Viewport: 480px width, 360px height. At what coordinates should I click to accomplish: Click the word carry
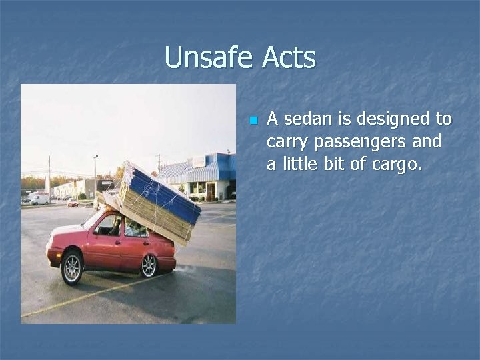click(x=287, y=142)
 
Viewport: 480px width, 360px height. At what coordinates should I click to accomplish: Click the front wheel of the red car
click(x=73, y=268)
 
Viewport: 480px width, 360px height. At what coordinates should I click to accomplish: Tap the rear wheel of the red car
click(x=149, y=265)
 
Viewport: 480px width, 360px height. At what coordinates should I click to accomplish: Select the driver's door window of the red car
click(x=109, y=225)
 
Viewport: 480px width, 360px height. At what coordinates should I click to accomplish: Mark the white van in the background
click(x=39, y=199)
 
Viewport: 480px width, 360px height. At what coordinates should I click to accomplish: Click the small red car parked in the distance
click(x=73, y=202)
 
